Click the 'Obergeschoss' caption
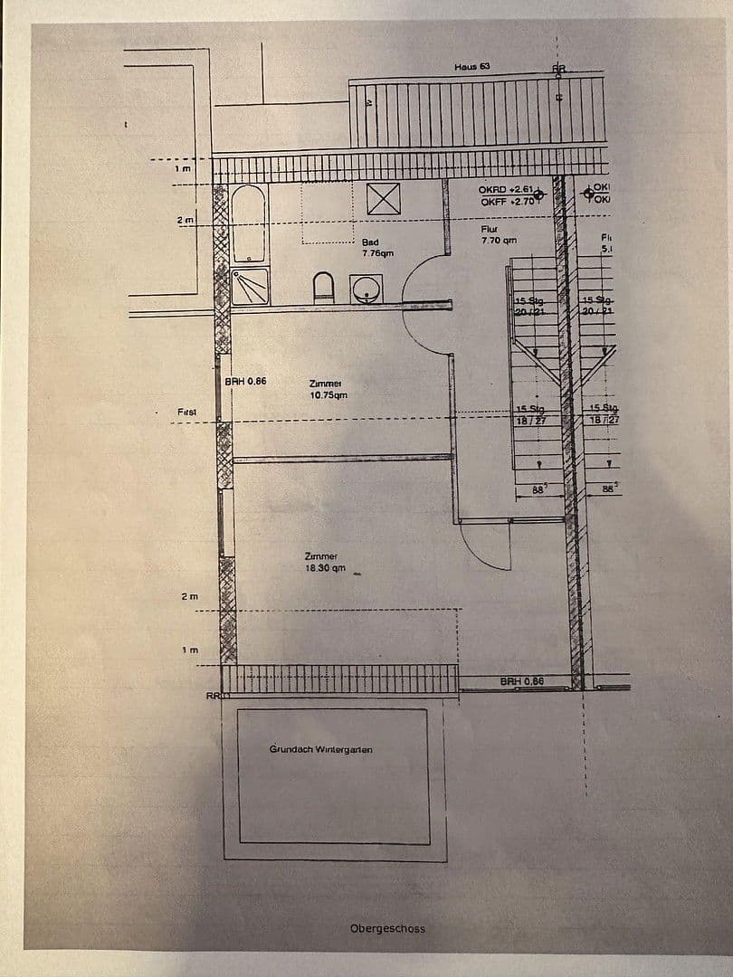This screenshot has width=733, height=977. click(x=387, y=928)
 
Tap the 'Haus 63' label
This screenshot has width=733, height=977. click(x=471, y=67)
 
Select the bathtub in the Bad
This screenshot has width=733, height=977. click(x=248, y=223)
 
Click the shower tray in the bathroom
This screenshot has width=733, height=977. click(x=251, y=286)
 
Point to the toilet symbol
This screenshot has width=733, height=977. click(x=324, y=289)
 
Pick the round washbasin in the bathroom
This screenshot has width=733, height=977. click(x=366, y=289)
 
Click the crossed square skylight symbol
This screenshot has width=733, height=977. click(x=384, y=198)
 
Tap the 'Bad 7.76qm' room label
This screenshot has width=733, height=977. click(x=376, y=248)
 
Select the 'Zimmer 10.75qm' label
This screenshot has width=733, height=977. click(x=328, y=389)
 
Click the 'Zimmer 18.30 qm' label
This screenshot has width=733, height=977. click(x=325, y=562)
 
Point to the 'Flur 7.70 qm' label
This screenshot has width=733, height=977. click(x=498, y=235)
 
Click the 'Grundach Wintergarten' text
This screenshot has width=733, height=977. click(x=320, y=749)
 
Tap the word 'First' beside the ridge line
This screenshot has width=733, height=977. click(x=187, y=412)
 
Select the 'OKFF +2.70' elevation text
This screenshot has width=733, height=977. click(x=508, y=202)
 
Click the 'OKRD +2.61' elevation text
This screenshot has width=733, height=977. click(x=506, y=190)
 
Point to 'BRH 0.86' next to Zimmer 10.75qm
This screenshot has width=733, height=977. click(x=246, y=382)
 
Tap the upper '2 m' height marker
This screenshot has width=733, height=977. click(x=186, y=220)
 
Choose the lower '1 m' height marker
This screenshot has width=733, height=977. click(x=188, y=650)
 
